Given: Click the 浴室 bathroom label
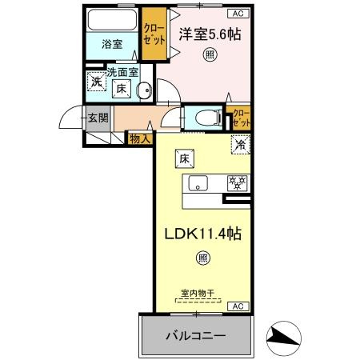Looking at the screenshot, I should click(112, 43).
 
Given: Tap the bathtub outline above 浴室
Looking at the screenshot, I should click(112, 19).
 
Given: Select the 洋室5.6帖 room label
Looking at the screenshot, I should click(210, 34).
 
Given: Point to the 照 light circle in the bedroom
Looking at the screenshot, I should click(209, 55).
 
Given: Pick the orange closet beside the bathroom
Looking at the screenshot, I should click(154, 34).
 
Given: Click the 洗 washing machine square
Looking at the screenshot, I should click(96, 81).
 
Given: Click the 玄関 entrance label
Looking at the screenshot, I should click(98, 120).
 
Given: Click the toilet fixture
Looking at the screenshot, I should click(205, 118).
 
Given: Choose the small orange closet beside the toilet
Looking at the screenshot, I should click(239, 118).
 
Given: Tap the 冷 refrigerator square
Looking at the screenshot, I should click(239, 145).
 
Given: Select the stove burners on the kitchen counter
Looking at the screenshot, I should click(238, 181).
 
